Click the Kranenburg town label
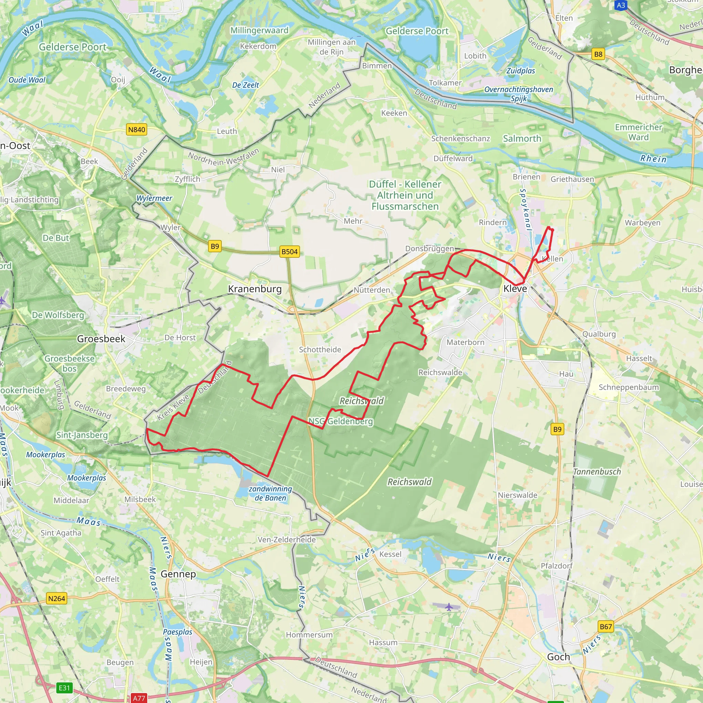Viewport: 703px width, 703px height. [255, 289]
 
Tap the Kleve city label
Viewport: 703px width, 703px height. [515, 289]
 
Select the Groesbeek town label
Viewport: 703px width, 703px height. [101, 339]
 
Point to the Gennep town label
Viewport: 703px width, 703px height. [178, 574]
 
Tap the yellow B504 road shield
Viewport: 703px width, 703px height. [289, 251]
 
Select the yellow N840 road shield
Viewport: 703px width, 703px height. [137, 129]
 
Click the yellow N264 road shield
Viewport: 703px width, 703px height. [57, 599]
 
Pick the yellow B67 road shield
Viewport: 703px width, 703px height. [606, 626]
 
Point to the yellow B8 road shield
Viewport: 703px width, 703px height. [598, 55]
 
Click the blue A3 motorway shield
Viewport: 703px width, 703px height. [621, 5]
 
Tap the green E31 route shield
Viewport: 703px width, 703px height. [65, 688]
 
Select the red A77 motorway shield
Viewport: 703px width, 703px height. [139, 698]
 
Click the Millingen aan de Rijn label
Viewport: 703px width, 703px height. [331, 47]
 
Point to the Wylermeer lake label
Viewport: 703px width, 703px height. [154, 198]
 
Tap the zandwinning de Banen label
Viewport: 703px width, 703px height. [270, 493]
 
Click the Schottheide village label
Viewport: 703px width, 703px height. [320, 349]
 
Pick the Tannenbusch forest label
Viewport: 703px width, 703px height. [597, 472]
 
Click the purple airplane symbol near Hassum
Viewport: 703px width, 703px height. [449, 607]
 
